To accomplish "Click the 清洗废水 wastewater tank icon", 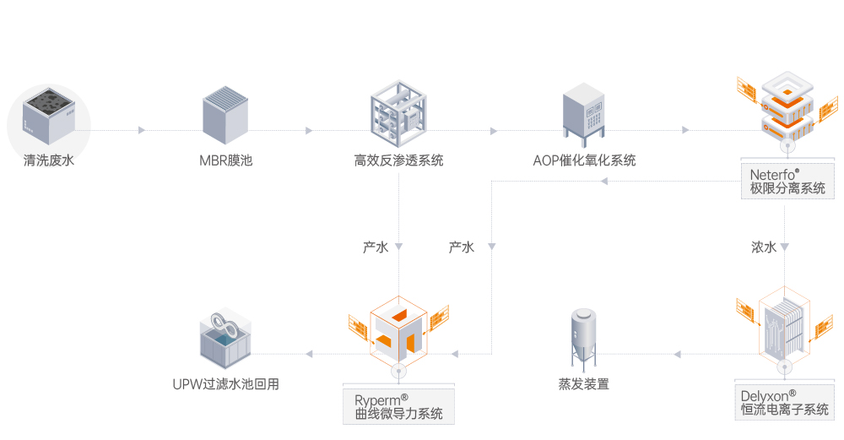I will tap(48, 119).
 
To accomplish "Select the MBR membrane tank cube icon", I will tap(226, 115).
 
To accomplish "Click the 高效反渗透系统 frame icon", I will tap(398, 113).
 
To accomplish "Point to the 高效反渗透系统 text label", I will tap(398, 160).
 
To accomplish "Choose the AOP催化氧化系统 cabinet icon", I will tap(584, 113).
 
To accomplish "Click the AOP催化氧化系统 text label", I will tap(584, 160).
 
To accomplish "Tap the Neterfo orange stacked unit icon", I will tap(786, 108).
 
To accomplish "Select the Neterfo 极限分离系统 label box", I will tap(787, 182).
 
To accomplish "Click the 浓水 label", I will tap(764, 247).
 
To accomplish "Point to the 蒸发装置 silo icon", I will tap(584, 338).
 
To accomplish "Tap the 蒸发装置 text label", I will tap(583, 384).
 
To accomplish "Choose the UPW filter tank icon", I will tap(225, 341).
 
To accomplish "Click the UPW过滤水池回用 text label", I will tap(225, 385).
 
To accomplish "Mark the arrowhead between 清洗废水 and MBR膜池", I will tap(142, 130).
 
